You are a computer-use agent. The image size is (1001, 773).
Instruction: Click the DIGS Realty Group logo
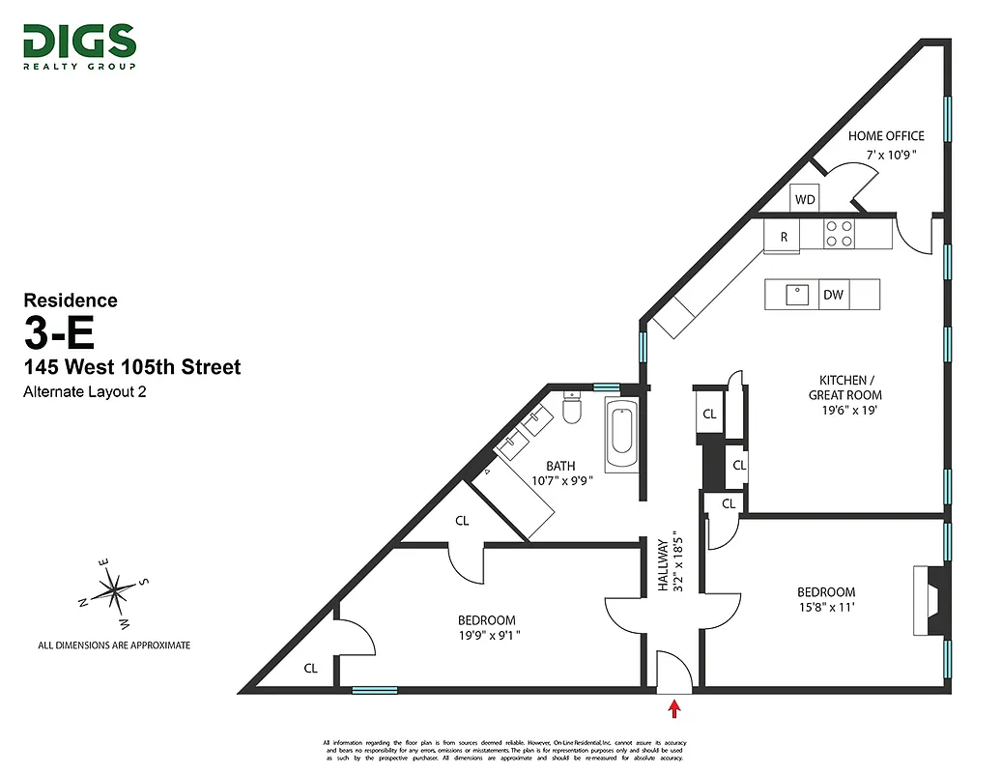pos(79,45)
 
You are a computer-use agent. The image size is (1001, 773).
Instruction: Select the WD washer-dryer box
pos(805,199)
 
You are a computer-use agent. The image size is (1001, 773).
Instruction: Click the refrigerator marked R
pos(783,236)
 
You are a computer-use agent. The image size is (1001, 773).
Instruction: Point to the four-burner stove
pos(839,233)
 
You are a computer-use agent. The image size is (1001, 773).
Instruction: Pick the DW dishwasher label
pos(833,296)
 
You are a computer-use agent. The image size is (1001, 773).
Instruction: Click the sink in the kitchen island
pos(799,294)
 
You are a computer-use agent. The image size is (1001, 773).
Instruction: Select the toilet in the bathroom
pos(571,410)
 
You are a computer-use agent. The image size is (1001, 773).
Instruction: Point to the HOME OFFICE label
pos(886,136)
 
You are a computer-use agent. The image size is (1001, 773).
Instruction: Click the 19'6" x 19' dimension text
pos(844,410)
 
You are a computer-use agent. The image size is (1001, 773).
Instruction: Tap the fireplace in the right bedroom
pos(929,600)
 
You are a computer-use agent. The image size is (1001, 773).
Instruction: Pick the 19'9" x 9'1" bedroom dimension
pos(486,636)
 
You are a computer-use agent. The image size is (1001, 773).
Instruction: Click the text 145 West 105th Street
pos(132,367)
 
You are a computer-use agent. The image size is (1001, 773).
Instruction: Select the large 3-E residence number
pos(60,333)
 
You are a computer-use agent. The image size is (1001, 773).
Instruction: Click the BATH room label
pos(560,466)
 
